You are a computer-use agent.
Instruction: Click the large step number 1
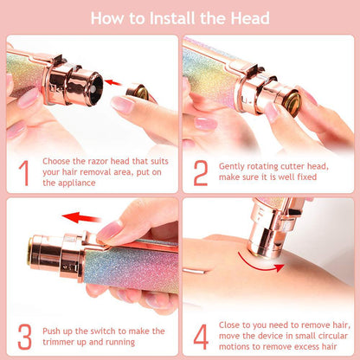coord(22,172)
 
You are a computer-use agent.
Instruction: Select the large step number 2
coord(201,172)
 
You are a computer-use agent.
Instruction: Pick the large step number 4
coord(201,335)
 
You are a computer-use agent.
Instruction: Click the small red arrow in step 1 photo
coord(112,82)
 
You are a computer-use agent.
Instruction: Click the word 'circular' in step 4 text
coord(310,336)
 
